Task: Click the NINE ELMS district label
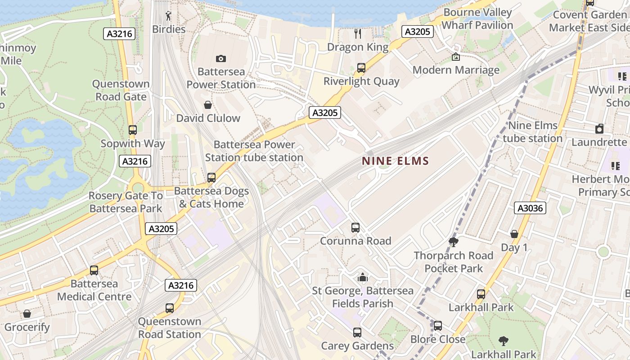[x=396, y=161]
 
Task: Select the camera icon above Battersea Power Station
[x=220, y=58]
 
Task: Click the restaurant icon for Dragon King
[x=358, y=33]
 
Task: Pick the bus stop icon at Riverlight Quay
[x=361, y=68]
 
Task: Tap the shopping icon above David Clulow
[x=208, y=105]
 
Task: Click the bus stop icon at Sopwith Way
[x=132, y=130]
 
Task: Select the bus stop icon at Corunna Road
[x=355, y=228]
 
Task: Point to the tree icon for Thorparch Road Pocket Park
[x=453, y=242]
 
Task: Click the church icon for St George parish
[x=362, y=277]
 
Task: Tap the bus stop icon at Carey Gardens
[x=357, y=333]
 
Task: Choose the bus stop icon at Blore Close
[x=437, y=325]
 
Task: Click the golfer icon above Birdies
[x=168, y=16]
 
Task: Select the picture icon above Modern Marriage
[x=455, y=57]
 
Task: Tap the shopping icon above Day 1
[x=514, y=234]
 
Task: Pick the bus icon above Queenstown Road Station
[x=169, y=308]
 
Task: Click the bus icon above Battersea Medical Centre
[x=94, y=270]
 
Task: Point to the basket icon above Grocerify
[x=27, y=314]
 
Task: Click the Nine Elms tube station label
[x=533, y=132]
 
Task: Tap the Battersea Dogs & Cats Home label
[x=211, y=197]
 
